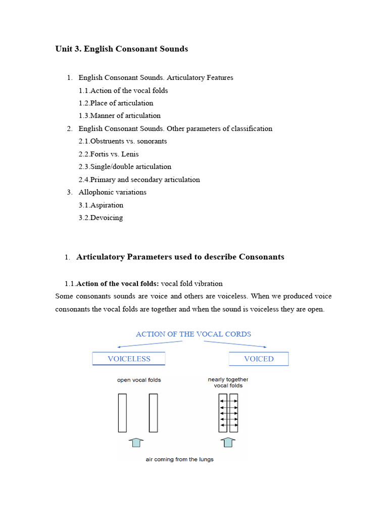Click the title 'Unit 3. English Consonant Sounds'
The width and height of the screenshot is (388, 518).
point(121,49)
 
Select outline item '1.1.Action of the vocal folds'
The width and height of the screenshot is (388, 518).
point(123,91)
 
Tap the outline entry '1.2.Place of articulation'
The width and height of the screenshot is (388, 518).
point(116,103)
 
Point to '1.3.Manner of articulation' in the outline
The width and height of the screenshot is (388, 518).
point(119,116)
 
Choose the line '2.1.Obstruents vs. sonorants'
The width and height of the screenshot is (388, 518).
point(122,141)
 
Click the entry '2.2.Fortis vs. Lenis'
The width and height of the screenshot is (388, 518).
point(108,154)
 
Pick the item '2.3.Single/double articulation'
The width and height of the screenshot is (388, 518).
point(125,166)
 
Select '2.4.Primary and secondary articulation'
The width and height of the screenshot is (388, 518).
point(139,180)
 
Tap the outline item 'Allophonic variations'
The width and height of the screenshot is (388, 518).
point(112,192)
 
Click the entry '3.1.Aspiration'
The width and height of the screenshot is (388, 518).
point(101,205)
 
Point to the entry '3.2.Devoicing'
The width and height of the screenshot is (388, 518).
point(101,218)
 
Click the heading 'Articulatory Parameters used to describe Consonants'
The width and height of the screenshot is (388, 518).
point(180,257)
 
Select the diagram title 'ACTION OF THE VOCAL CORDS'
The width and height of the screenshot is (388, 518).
point(193,334)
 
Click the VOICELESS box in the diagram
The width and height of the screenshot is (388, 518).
point(129,359)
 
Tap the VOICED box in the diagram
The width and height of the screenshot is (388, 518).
point(259,359)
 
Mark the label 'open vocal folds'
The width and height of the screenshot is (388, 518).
point(139,380)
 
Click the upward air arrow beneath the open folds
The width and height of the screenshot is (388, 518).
point(135,443)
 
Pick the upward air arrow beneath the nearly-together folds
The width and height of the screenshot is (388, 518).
point(228,443)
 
